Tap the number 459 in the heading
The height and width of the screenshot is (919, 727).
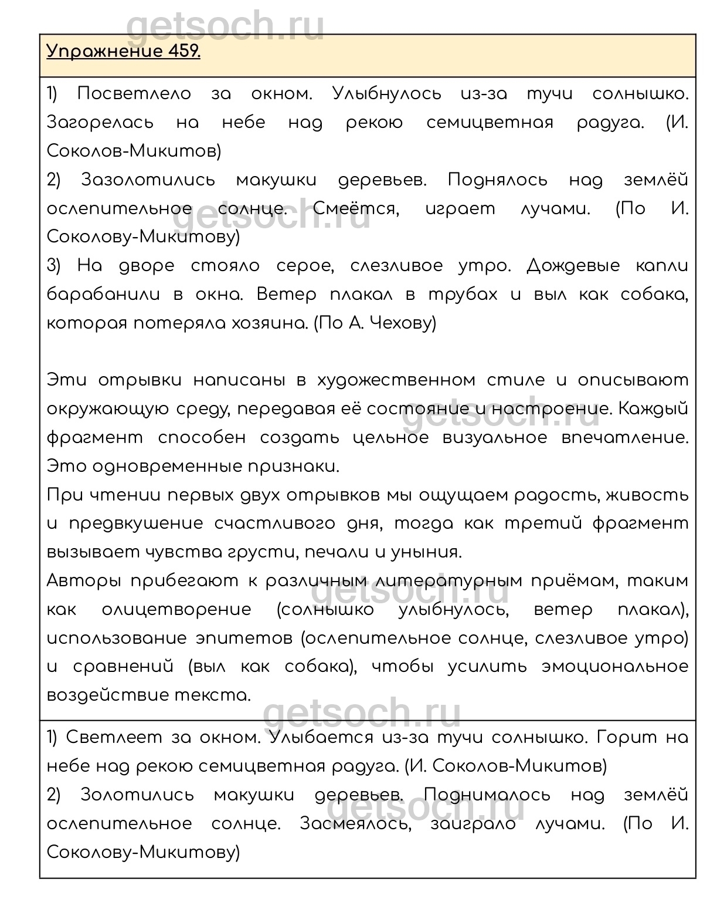[x=184, y=52]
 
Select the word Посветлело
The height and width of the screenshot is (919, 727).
[x=134, y=94]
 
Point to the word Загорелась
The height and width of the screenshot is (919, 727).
[x=100, y=123]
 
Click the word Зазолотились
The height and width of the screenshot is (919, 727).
[x=148, y=180]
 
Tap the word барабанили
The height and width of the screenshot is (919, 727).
[x=103, y=295]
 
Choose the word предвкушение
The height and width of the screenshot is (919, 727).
[x=136, y=523]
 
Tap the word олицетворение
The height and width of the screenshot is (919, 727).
[x=176, y=610]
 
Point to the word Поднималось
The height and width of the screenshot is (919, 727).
[x=487, y=795]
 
